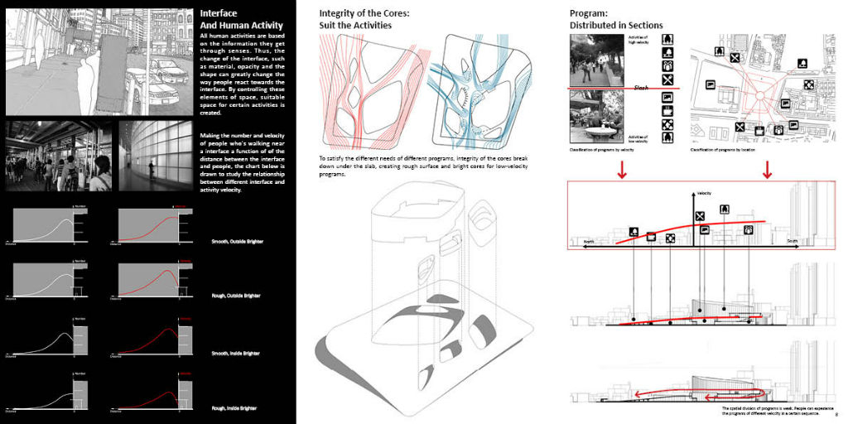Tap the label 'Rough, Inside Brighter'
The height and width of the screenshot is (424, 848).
(x=234, y=407)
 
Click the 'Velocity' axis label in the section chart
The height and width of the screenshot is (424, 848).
(x=704, y=193)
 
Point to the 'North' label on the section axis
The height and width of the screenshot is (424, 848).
(x=589, y=242)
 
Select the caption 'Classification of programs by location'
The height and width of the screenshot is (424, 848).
(x=730, y=150)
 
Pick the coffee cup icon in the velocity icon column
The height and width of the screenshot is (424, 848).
(x=667, y=110)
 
